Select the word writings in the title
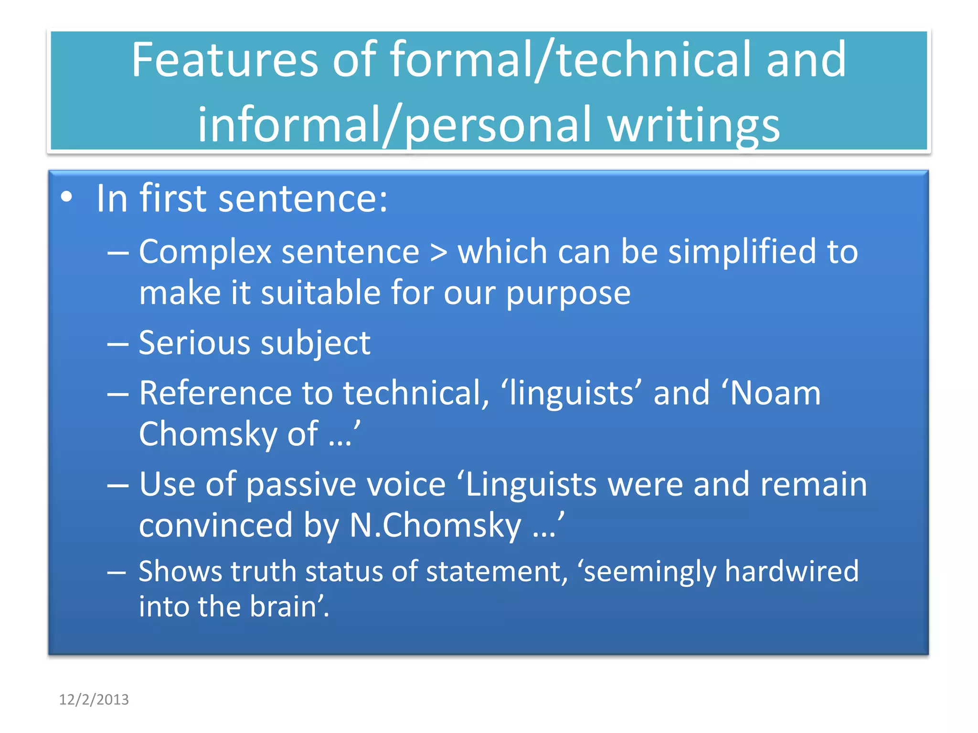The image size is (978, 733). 693,125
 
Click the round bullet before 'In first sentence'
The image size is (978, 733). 67,198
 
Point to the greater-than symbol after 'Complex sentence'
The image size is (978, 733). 438,252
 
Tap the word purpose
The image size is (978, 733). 568,293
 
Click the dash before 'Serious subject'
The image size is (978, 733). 117,344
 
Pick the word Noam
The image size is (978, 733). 775,393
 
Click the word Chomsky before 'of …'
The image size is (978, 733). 208,434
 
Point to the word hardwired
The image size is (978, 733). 791,571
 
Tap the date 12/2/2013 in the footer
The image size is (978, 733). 94,700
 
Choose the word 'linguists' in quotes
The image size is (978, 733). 571,393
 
